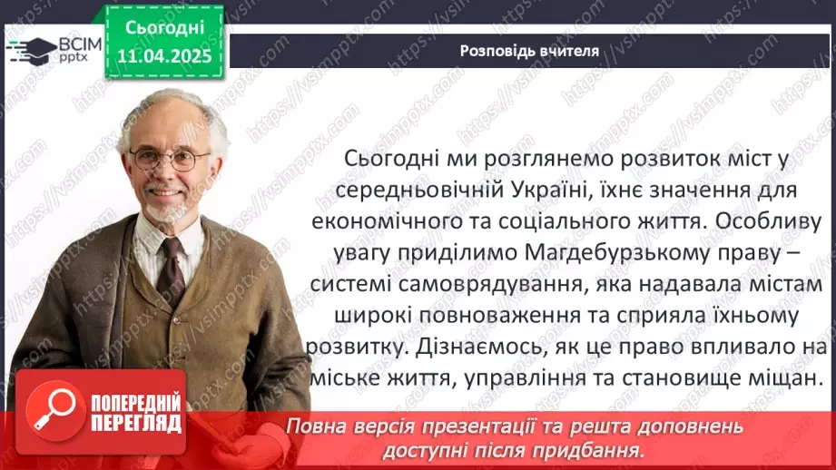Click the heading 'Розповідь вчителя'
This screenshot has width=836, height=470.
pos(529,51)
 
